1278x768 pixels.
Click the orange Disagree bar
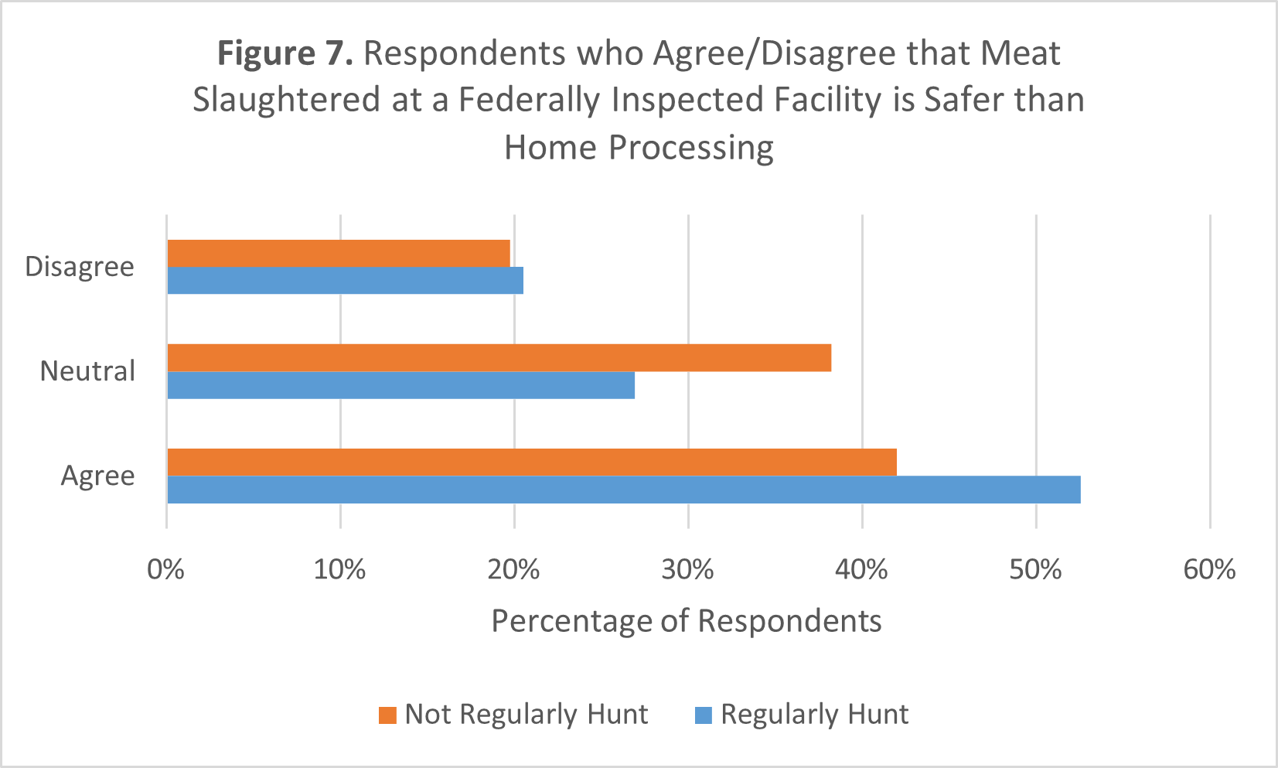point(339,254)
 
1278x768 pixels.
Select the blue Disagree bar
point(345,281)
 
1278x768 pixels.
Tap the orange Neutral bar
point(499,358)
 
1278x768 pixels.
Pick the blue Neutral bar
point(400,385)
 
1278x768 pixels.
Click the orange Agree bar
point(531,463)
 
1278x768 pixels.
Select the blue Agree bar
point(623,490)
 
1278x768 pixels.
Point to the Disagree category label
point(80,267)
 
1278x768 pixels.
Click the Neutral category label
point(87,371)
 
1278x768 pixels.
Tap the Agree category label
point(97,476)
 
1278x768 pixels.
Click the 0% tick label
point(166,570)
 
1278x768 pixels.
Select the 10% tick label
point(339,570)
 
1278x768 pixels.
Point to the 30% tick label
point(687,570)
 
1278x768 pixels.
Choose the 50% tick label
point(1035,570)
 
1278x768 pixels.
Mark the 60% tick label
point(1209,570)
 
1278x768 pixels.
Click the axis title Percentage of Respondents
point(686,621)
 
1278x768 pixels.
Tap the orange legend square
point(387,715)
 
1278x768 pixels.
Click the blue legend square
point(704,715)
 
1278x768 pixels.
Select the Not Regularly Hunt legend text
point(526,714)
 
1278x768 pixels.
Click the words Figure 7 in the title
point(285,53)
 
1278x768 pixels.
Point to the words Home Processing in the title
point(639,147)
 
